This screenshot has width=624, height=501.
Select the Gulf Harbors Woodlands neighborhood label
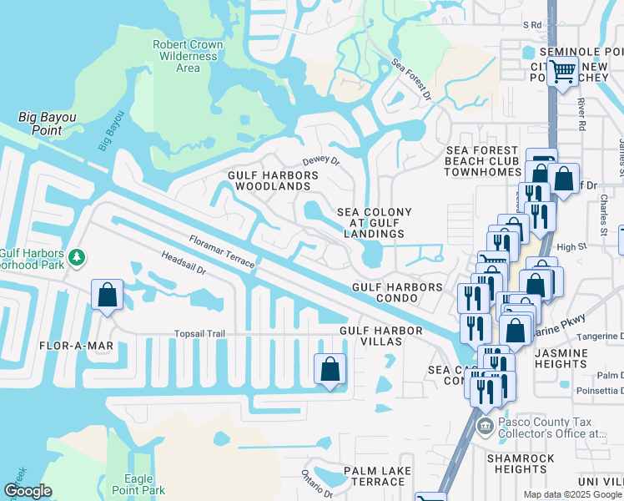click(x=274, y=180)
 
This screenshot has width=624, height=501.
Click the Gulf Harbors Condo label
click(x=397, y=292)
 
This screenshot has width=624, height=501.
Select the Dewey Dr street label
click(x=321, y=161)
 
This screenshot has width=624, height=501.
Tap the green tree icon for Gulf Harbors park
click(x=77, y=256)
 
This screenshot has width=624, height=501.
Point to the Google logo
click(x=28, y=491)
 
